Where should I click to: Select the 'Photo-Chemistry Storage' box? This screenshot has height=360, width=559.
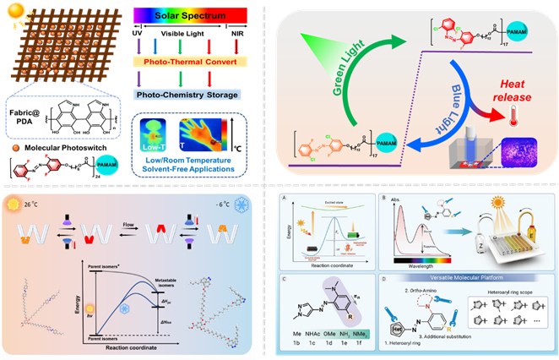[188, 94]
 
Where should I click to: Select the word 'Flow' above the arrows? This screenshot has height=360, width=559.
[137, 225]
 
